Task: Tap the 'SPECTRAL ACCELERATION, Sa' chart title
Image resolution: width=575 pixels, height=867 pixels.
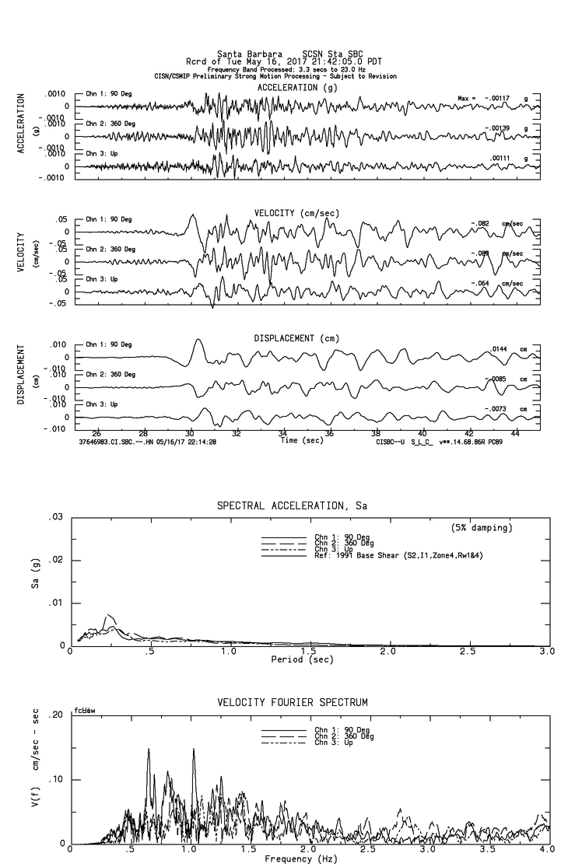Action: click(x=292, y=506)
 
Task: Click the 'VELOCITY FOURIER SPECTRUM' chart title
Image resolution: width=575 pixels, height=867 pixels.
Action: click(x=293, y=703)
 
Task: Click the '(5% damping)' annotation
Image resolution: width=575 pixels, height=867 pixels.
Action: click(x=482, y=528)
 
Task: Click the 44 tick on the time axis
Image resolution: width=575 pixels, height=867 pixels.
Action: click(x=515, y=432)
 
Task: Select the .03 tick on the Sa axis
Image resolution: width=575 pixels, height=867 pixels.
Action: click(x=55, y=517)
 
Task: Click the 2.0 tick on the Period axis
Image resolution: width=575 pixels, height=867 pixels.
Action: click(x=388, y=652)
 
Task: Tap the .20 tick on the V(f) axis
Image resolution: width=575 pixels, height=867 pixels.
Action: click(x=55, y=715)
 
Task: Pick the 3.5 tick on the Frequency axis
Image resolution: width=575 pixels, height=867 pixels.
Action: click(x=468, y=851)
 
